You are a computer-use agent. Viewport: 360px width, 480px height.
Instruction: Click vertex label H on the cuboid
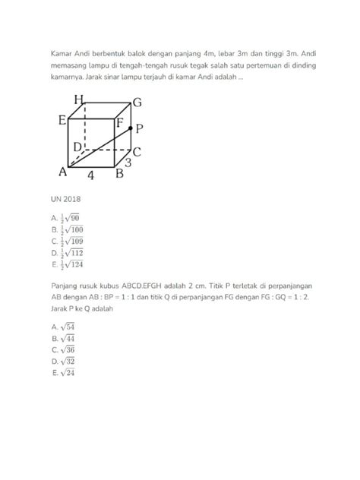pyautogui.click(x=79, y=99)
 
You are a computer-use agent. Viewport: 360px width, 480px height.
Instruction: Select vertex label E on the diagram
pyautogui.click(x=62, y=119)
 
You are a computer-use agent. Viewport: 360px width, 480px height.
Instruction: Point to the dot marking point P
pyautogui.click(x=131, y=128)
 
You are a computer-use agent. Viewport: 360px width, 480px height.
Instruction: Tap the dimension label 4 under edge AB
pyautogui.click(x=90, y=175)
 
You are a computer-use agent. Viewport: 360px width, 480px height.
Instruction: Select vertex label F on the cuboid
pyautogui.click(x=120, y=120)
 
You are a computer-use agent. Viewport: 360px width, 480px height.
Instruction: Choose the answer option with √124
pyautogui.click(x=65, y=267)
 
